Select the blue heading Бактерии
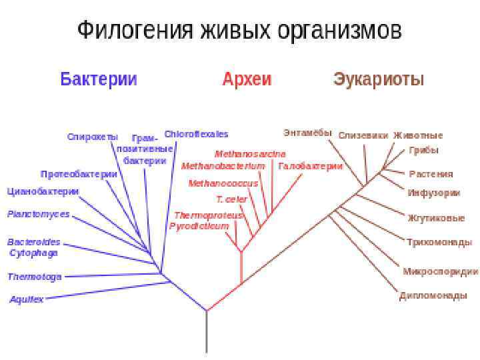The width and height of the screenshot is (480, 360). [99, 79]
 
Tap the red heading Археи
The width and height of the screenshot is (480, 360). [247, 79]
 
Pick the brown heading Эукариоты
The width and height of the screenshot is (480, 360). [379, 79]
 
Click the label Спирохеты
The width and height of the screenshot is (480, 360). [92, 137]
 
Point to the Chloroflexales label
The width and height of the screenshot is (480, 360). [196, 134]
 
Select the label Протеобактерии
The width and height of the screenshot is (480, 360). [79, 174]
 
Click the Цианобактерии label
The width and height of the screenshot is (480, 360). [43, 191]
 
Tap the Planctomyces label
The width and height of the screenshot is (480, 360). [38, 214]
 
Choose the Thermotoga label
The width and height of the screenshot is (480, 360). [35, 277]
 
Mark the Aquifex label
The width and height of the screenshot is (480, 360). [27, 299]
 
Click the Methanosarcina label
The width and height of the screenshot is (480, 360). [250, 154]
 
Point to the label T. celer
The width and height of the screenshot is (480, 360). [231, 199]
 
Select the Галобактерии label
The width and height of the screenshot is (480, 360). [311, 166]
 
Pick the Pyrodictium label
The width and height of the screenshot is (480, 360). [199, 226]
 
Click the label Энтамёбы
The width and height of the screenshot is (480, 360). [307, 132]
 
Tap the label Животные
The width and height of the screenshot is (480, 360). [418, 135]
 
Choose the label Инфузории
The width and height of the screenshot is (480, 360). [434, 193]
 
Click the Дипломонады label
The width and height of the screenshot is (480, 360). [433, 296]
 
